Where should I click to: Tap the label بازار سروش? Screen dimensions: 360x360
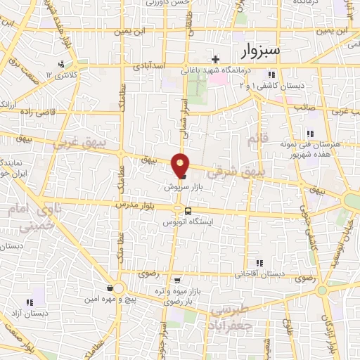point(179,187)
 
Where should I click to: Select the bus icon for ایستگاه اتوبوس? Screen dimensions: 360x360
point(187,210)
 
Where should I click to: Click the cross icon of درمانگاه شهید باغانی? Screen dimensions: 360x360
point(215,59)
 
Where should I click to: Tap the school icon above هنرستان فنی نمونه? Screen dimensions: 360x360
point(309,134)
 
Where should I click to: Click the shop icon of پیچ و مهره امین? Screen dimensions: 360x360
point(111,288)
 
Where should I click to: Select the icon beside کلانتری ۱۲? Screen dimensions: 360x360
point(62,64)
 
